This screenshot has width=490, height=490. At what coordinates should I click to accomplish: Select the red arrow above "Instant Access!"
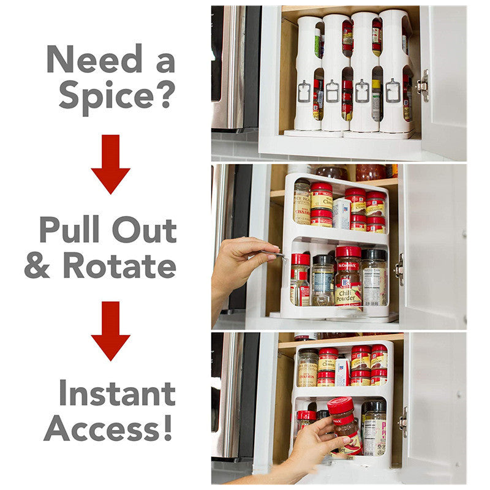pyautogui.click(x=110, y=331)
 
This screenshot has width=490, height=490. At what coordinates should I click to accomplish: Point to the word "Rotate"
pyautogui.click(x=119, y=265)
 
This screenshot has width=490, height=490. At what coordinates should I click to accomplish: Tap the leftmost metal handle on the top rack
pyautogui.click(x=304, y=91)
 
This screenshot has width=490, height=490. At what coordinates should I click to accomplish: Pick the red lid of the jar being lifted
pyautogui.click(x=341, y=405)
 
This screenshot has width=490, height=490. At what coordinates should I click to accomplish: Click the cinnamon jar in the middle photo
pyautogui.click(x=301, y=202)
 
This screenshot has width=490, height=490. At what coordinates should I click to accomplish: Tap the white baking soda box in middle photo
pyautogui.click(x=341, y=213)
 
